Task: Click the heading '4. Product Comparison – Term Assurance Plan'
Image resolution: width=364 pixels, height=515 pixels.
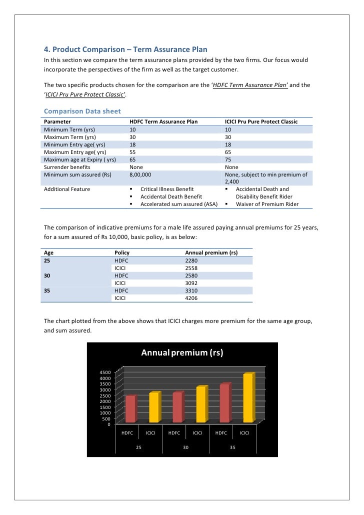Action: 125,49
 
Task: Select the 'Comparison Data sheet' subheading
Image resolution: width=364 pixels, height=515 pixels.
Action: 82,110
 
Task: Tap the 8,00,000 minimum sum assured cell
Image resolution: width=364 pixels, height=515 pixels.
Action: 140,175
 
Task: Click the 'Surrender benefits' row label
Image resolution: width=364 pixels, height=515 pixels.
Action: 67,167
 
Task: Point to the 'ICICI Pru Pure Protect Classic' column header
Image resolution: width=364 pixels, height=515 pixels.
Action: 261,121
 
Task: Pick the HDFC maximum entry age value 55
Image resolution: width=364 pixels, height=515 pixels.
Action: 132,152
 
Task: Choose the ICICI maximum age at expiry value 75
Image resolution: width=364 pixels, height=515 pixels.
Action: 228,159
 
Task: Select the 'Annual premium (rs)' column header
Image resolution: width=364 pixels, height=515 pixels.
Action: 211,253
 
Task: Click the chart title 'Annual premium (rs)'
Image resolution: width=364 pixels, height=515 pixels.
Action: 181,353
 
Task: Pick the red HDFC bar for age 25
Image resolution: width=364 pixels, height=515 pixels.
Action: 130,409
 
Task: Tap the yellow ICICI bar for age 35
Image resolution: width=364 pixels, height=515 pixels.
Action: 247,398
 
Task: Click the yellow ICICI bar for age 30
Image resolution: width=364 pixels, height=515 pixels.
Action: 201,404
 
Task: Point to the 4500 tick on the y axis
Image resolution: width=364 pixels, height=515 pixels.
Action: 104,373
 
